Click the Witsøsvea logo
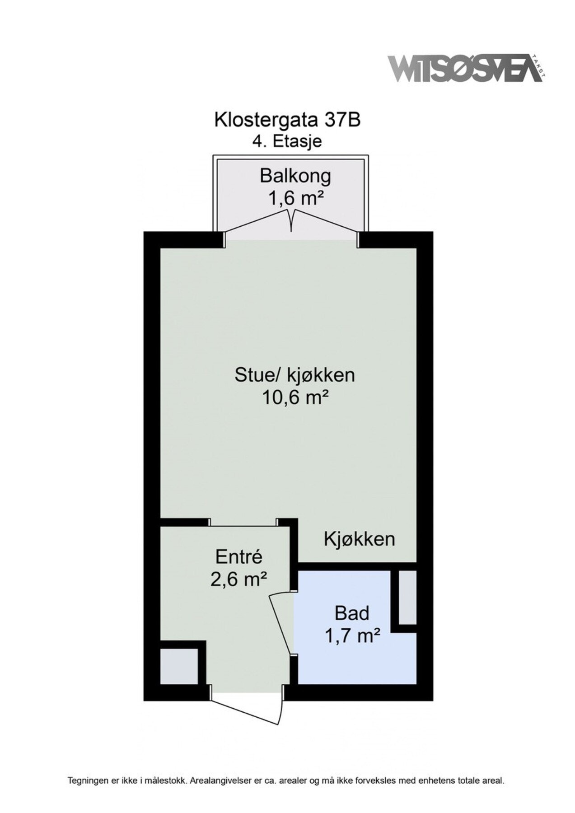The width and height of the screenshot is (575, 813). coord(465,69)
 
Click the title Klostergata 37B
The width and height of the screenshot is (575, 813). coord(287,120)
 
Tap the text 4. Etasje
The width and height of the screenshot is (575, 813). coord(287,141)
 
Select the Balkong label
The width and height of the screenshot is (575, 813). coord(295,176)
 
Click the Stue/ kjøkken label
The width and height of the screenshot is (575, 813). coord(295,375)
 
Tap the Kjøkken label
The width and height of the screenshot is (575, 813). coord(359,539)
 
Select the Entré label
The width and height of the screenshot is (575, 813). coord(238,556)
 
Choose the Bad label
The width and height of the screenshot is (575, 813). coord(352,613)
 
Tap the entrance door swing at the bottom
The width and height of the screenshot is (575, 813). coord(248,710)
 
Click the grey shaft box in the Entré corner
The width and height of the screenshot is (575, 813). coord(179,666)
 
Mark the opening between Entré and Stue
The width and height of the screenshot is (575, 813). coord(243,522)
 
